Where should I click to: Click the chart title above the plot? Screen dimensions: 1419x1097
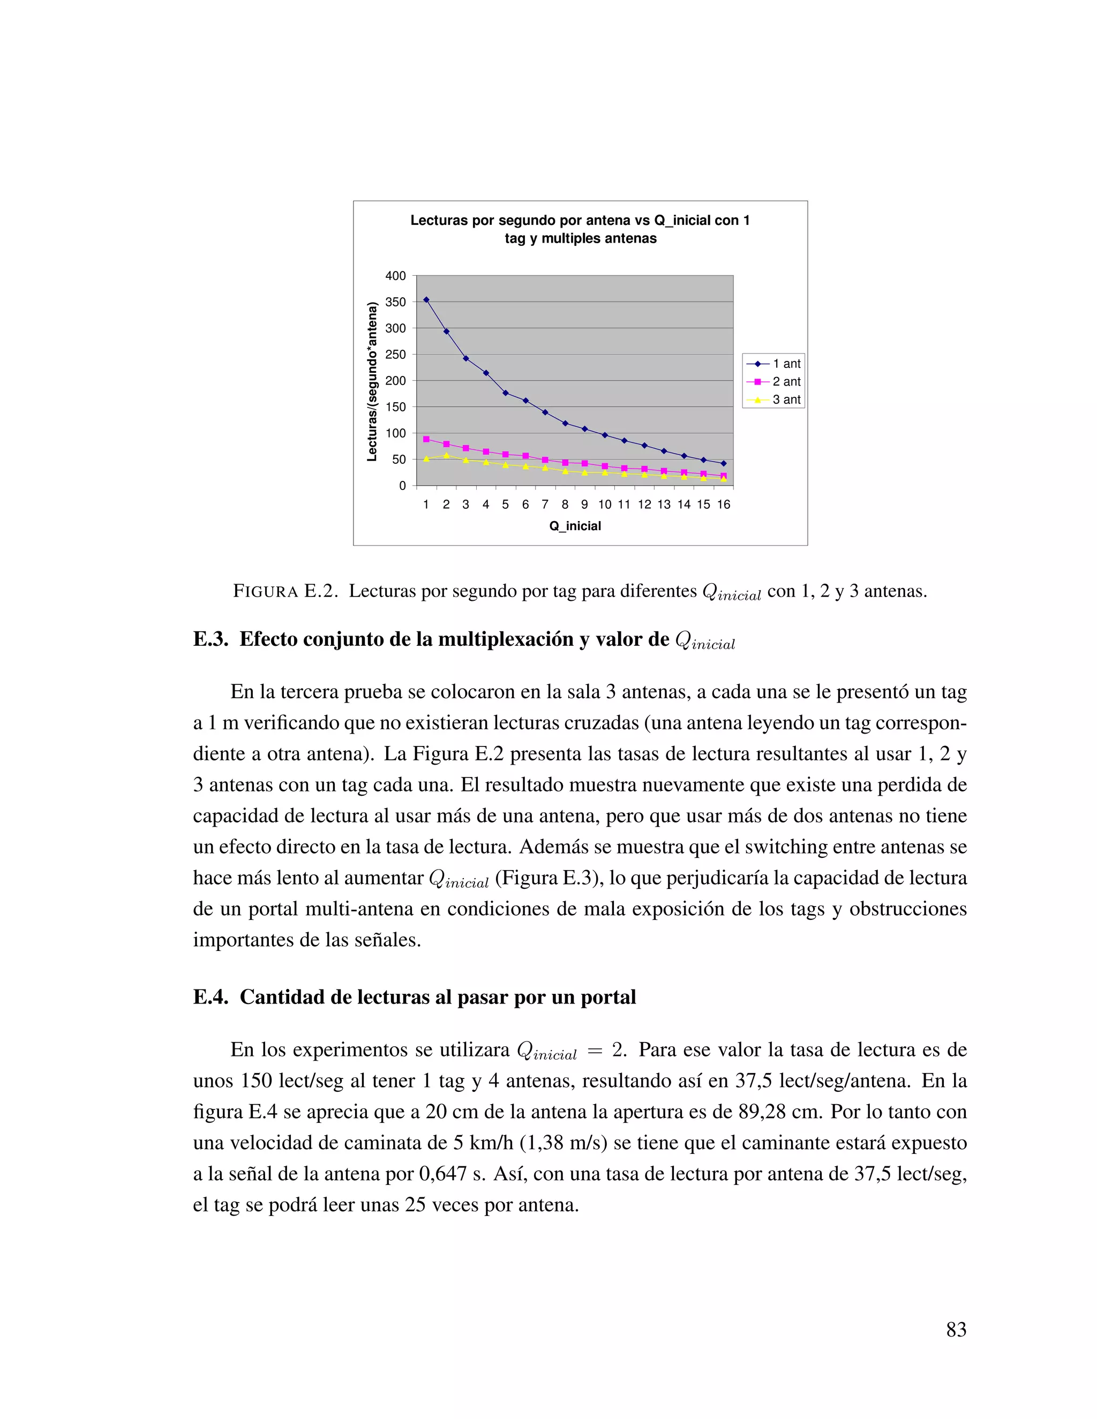tap(580, 229)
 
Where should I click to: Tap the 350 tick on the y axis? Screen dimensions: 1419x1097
tap(395, 302)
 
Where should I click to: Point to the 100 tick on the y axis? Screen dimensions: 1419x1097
tap(395, 433)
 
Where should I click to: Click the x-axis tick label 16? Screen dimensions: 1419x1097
tap(723, 505)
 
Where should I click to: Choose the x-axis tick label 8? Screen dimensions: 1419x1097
tap(565, 505)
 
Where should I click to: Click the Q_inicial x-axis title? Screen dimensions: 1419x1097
tap(575, 526)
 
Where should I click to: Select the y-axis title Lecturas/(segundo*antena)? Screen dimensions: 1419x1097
tap(372, 381)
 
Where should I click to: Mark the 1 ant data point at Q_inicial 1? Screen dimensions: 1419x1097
tap(426, 299)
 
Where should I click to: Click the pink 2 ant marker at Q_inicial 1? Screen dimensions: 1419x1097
tap(426, 439)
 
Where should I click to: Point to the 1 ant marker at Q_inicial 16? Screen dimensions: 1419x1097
tap(723, 463)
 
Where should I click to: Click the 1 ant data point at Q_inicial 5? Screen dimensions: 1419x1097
tap(506, 393)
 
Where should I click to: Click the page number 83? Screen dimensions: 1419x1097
tap(956, 1330)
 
